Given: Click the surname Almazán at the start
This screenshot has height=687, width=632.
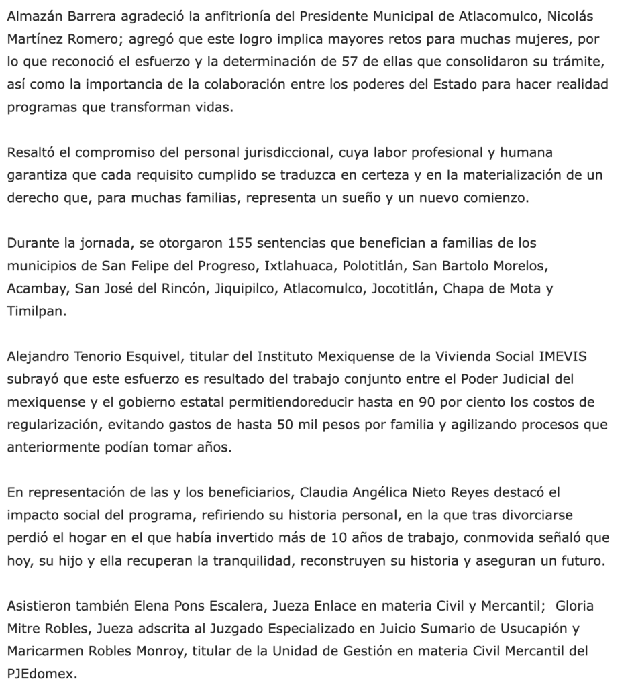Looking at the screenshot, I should click(32, 15).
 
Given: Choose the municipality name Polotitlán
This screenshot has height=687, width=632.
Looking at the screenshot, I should click(372, 266).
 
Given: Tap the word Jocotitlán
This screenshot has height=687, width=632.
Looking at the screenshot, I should click(410, 288).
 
